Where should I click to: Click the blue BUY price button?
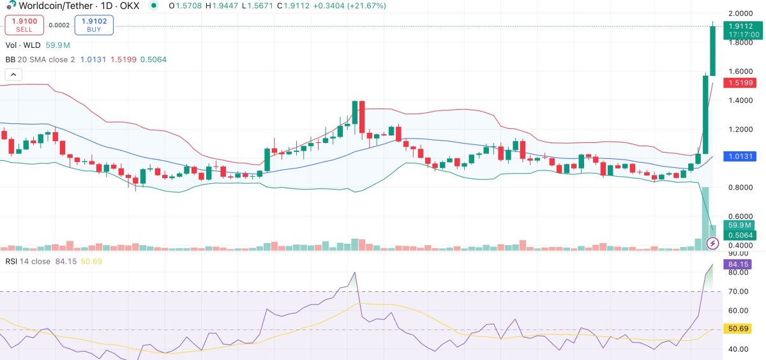point(94,25)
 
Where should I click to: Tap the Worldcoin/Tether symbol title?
point(54,6)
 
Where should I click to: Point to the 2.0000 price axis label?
point(740,13)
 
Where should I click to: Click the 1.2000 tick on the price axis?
point(740,130)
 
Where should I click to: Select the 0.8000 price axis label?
point(740,188)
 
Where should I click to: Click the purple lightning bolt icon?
point(714,243)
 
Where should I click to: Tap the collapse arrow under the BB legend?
point(13,75)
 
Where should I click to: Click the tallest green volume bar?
point(705,217)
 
